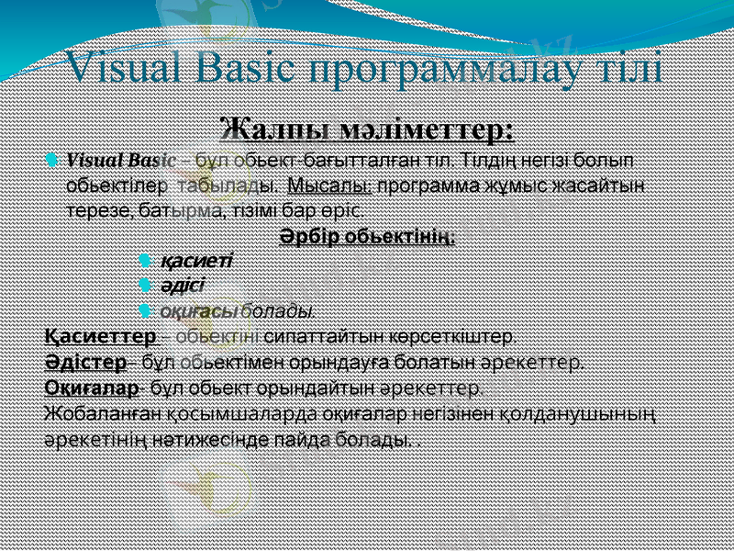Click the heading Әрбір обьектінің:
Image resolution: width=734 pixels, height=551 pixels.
[x=367, y=237]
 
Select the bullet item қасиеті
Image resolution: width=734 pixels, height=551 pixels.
[x=195, y=260]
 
